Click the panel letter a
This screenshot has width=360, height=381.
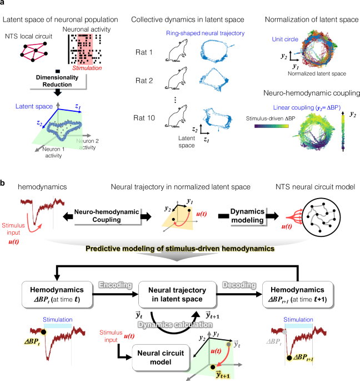click(4, 4)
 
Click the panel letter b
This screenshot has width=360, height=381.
click(4, 182)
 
